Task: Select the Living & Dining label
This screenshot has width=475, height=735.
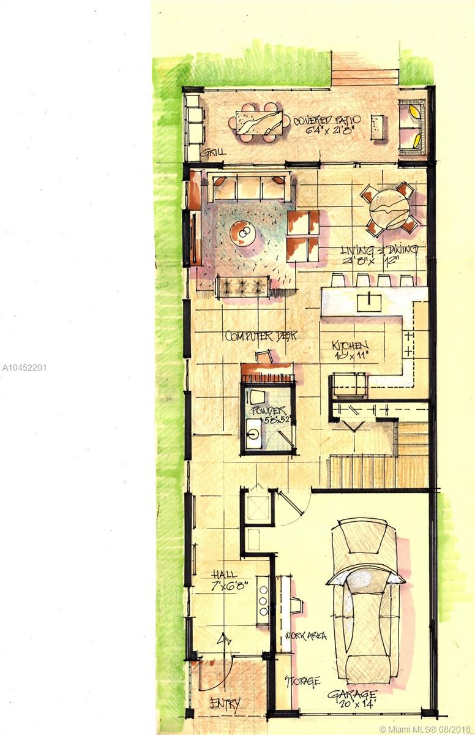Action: click(380, 254)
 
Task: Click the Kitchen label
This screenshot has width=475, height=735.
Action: click(350, 349)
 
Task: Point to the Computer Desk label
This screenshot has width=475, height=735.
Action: click(261, 336)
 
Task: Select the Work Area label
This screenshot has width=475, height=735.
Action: click(309, 635)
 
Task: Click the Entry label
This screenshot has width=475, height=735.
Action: click(225, 703)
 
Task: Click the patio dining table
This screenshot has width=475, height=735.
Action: click(260, 122)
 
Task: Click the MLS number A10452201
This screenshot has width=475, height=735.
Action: click(24, 367)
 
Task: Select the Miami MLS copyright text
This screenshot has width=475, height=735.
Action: click(426, 729)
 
